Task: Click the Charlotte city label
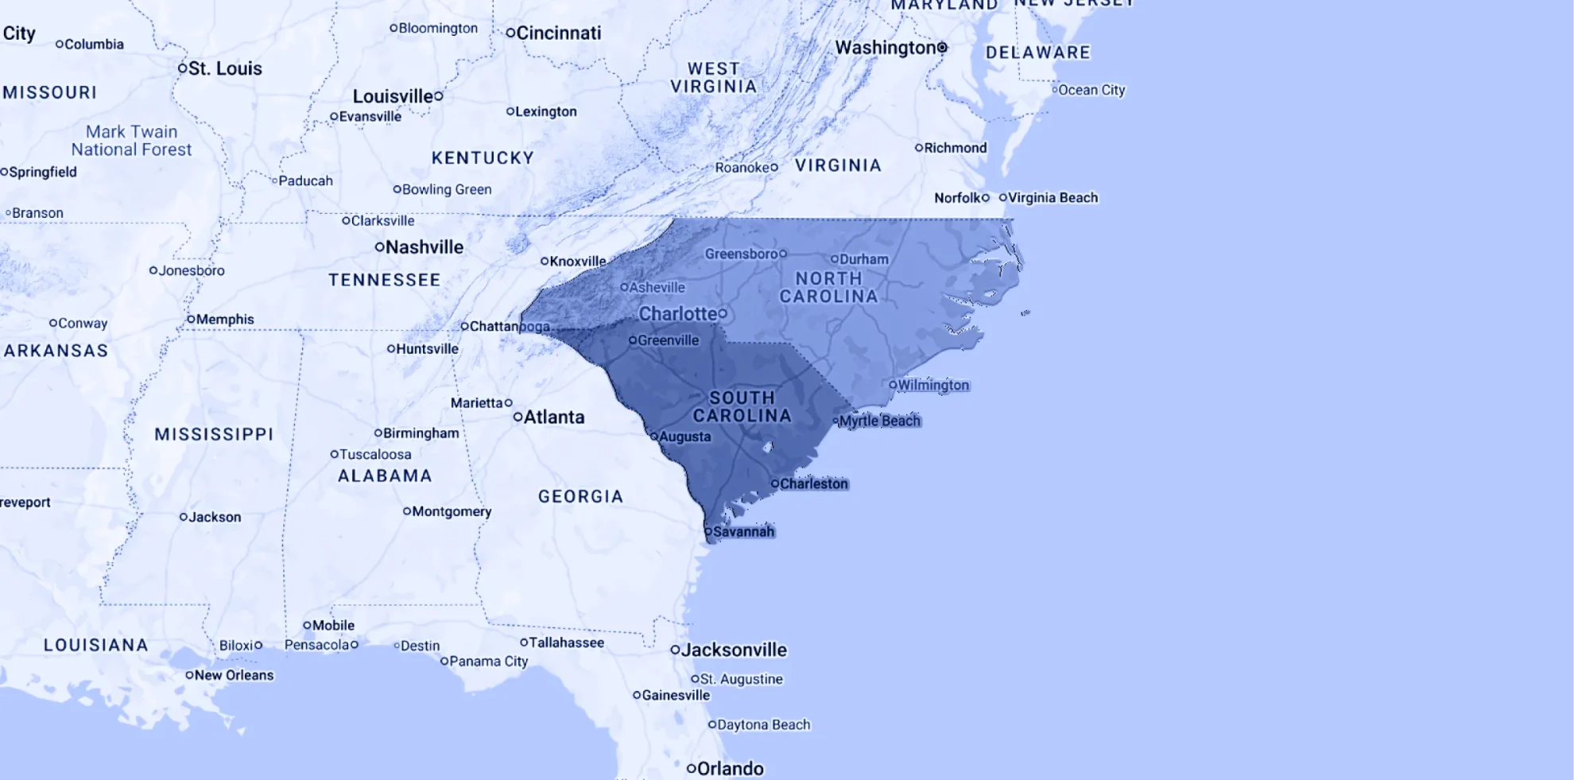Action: coord(677,314)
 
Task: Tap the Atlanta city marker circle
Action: coord(518,417)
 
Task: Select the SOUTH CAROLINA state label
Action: coord(742,406)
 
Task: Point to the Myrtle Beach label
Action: coord(879,421)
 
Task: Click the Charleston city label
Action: coord(813,483)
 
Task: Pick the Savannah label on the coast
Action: coord(743,531)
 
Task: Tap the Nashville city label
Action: coord(424,247)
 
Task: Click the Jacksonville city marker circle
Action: coord(675,650)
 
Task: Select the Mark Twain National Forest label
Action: coord(131,141)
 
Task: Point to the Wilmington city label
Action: coord(932,385)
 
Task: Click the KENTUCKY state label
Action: coord(483,157)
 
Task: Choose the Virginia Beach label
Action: coord(1053,197)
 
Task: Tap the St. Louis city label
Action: coord(225,68)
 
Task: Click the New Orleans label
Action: coord(234,675)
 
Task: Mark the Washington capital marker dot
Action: coord(942,48)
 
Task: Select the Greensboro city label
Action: coord(741,254)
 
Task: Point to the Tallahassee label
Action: coord(566,642)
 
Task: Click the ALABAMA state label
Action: coord(385,475)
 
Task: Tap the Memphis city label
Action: coord(225,320)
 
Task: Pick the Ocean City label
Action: coord(1091,90)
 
